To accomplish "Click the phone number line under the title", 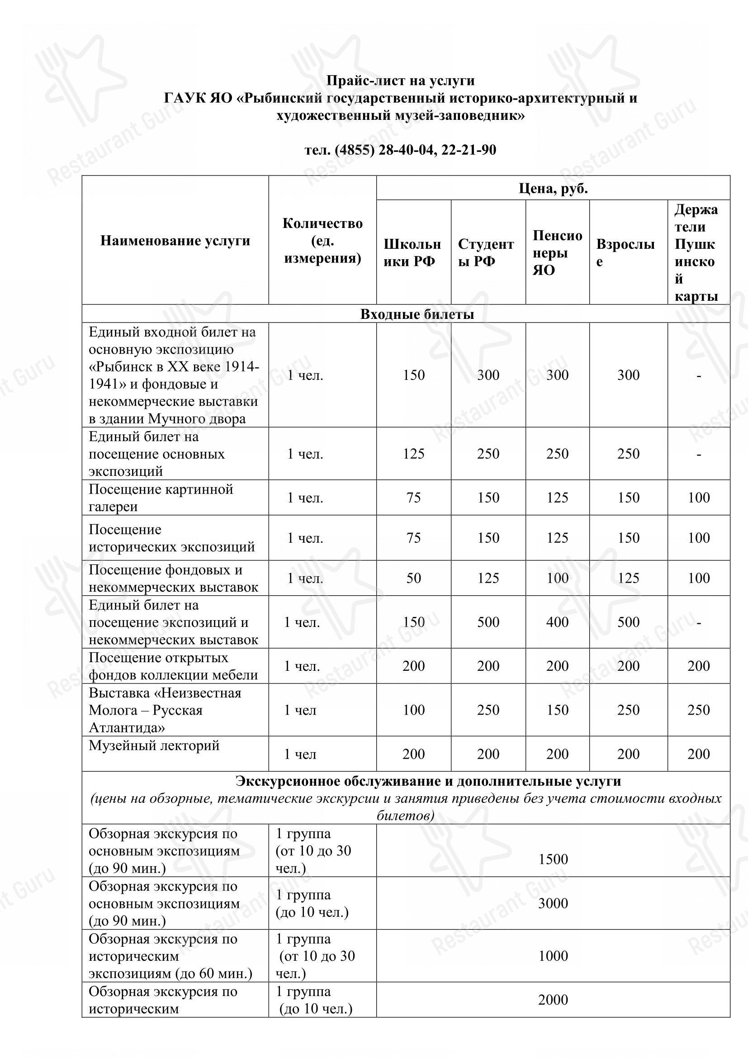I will [400, 150].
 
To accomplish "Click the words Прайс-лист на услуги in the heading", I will [400, 81].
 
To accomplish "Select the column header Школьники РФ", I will [412, 252].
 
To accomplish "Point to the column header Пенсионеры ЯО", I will [557, 252].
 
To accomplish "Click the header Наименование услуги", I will [175, 241].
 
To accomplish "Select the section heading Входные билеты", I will [417, 314].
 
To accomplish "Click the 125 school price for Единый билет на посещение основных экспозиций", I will [413, 454].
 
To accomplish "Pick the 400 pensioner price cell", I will [557, 622].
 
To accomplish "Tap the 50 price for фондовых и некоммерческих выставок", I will [413, 578].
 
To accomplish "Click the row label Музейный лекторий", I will [154, 745].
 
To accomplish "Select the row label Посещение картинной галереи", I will [161, 498].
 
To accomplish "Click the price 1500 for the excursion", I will [553, 859].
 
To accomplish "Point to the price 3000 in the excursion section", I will [553, 903].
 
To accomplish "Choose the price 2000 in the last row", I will [553, 1000].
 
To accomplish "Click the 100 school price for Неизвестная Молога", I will [413, 710].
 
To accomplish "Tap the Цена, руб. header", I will [553, 189].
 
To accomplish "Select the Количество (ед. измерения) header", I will [322, 241].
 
